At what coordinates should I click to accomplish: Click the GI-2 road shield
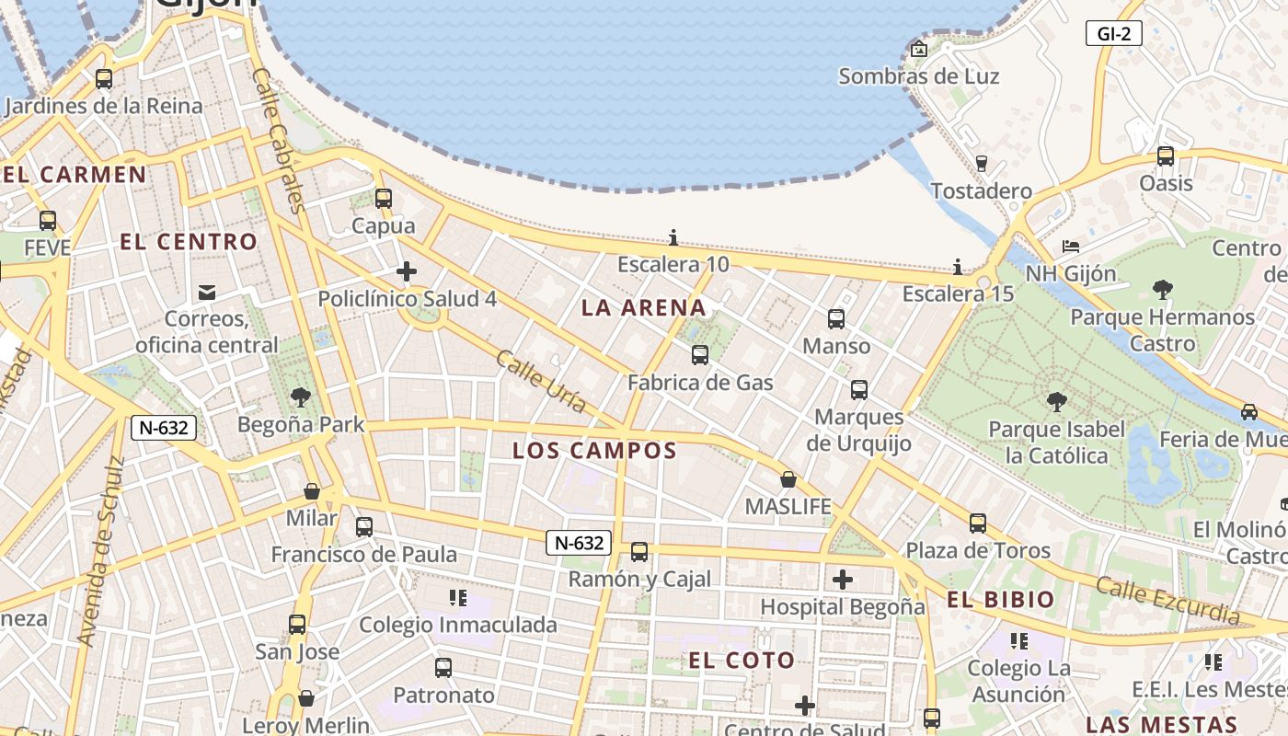[1113, 35]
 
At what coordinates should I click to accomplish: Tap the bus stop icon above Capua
[384, 199]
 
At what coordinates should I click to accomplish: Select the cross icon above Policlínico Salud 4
[407, 271]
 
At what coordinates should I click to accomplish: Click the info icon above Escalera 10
[673, 238]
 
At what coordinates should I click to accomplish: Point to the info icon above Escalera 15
[958, 267]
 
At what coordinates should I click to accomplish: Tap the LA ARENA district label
[644, 308]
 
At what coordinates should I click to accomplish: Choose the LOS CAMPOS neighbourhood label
[594, 451]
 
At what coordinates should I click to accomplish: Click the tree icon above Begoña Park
[300, 397]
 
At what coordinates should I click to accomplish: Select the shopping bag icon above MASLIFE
[788, 479]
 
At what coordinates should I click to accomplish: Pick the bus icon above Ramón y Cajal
[639, 552]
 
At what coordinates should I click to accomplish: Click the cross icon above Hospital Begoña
[842, 580]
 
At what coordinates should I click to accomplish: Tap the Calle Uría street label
[541, 381]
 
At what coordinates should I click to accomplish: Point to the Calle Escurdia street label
[1167, 599]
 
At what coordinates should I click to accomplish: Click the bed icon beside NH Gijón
[1071, 247]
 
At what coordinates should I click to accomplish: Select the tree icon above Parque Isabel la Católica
[1057, 401]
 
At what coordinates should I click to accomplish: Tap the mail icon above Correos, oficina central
[207, 293]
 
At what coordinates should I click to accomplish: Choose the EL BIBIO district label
[1001, 600]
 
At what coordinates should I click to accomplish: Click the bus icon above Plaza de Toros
[978, 523]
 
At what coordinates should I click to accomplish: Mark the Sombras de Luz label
[918, 76]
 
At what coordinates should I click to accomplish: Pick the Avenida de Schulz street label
[101, 550]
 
